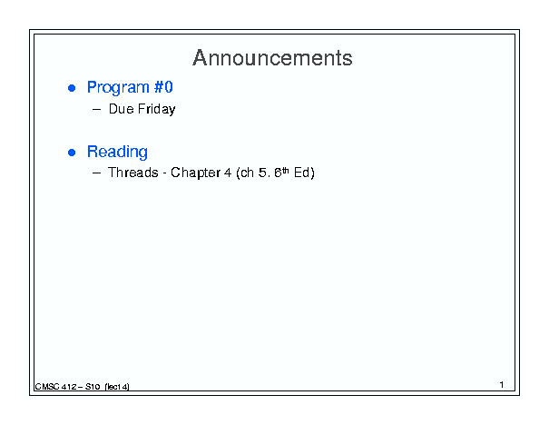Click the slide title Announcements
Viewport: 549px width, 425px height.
[x=272, y=57]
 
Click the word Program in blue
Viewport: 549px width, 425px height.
[x=118, y=87]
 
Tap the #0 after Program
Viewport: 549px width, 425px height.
[x=163, y=87]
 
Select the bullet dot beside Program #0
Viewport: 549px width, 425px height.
[x=72, y=88]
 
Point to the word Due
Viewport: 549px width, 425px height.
[x=122, y=109]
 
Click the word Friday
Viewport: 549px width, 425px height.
[x=156, y=109]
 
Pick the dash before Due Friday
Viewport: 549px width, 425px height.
[x=96, y=109]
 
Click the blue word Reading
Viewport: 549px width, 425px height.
[x=117, y=152]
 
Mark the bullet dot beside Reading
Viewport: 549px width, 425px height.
[x=72, y=153]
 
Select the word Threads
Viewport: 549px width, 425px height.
[x=133, y=173]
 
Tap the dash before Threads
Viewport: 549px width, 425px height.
[x=96, y=173]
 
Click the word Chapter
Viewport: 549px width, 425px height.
[x=195, y=173]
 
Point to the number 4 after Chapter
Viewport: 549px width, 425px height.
[x=228, y=173]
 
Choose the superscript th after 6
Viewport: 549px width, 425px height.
[x=286, y=171]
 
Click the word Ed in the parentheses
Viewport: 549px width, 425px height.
[x=302, y=173]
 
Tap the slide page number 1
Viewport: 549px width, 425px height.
[x=502, y=385]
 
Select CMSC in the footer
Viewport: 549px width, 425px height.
[x=47, y=387]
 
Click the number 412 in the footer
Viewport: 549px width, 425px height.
[x=69, y=387]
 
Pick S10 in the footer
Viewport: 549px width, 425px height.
[x=93, y=387]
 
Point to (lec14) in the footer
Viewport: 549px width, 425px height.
[x=117, y=387]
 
